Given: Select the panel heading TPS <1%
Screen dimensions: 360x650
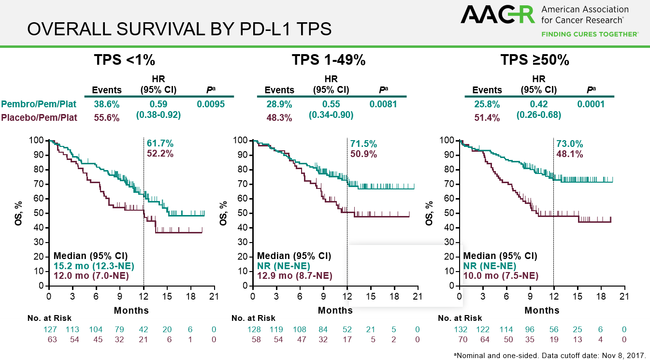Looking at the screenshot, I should (124, 60).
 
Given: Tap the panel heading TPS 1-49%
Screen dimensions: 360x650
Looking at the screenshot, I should (328, 60).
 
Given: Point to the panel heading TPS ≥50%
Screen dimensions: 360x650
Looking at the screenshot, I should (534, 60).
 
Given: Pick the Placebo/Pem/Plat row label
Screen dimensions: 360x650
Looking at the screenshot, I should (38, 117).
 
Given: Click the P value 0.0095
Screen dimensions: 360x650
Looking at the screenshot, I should (211, 104).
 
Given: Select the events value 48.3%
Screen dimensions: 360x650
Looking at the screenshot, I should (279, 118).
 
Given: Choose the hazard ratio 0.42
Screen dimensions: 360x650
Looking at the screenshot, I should (539, 104).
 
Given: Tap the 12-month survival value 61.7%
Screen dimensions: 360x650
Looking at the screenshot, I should (160, 144).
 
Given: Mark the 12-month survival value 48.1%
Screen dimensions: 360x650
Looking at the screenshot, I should (570, 155).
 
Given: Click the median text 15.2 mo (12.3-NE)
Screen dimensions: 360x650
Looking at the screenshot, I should (93, 266).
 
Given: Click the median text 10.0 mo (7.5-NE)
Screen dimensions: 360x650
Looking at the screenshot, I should (501, 276).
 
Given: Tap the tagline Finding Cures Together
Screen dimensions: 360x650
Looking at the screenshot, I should (590, 34).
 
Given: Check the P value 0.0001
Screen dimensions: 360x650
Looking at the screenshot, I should (591, 104).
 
